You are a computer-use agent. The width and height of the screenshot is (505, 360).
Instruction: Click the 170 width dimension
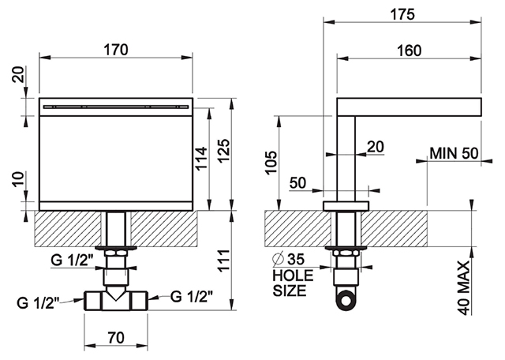tap(116, 50)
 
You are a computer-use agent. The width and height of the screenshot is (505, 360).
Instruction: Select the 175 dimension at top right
tap(402, 14)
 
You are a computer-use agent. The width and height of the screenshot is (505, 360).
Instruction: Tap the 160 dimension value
tap(409, 51)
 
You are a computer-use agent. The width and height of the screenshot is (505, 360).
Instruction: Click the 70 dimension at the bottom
tap(116, 337)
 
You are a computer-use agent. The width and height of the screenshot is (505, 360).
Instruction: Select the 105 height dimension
tap(271, 162)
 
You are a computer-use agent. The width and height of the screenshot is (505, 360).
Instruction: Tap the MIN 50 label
tap(454, 153)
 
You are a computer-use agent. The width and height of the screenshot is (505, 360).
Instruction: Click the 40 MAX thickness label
tap(464, 288)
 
